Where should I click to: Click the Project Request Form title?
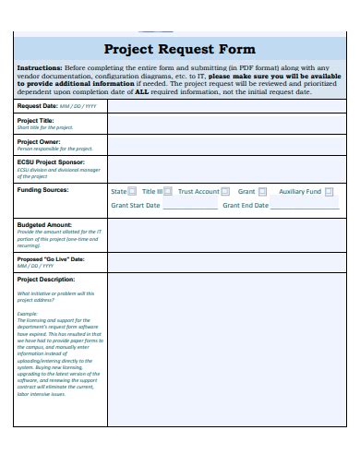(x=179, y=49)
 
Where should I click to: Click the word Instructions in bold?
(x=40, y=68)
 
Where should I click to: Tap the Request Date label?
(x=38, y=106)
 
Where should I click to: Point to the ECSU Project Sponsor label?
(x=50, y=161)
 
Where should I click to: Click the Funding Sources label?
(x=42, y=189)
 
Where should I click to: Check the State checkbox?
(x=133, y=192)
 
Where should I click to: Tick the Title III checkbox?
(x=169, y=192)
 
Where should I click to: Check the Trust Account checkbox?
(x=226, y=192)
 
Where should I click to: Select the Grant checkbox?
(x=263, y=192)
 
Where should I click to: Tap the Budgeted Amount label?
(x=43, y=224)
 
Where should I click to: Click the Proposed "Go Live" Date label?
(x=51, y=258)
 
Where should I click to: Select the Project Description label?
(x=45, y=278)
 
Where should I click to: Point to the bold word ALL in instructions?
(x=141, y=93)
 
